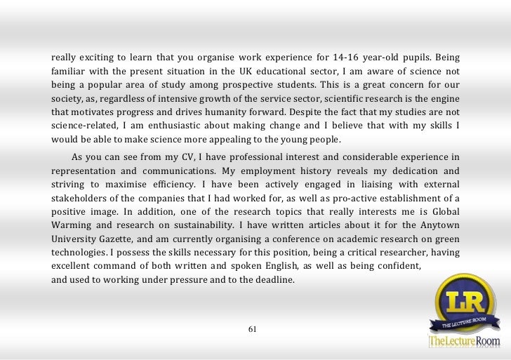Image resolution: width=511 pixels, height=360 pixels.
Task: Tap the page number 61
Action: click(x=255, y=328)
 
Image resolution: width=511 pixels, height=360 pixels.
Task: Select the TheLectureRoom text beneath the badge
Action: click(x=464, y=342)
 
